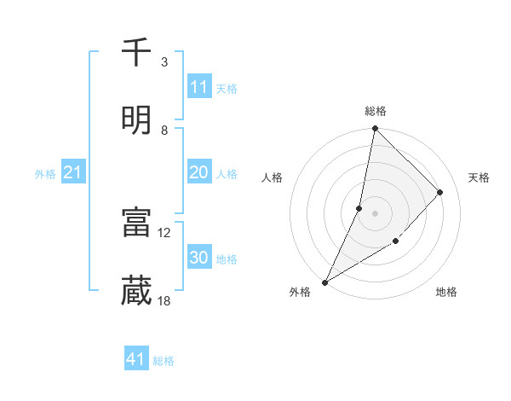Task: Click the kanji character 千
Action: click(136, 53)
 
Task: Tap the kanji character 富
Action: click(136, 224)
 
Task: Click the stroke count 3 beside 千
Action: click(164, 62)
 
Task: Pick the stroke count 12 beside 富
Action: click(164, 232)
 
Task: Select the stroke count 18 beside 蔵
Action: click(164, 300)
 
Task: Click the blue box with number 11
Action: click(199, 87)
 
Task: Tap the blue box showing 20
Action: click(199, 172)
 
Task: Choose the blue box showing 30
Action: click(199, 258)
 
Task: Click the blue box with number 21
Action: click(73, 173)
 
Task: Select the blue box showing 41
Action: click(136, 359)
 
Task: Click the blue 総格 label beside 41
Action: click(164, 361)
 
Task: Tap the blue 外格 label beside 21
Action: click(45, 174)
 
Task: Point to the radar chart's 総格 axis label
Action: click(376, 111)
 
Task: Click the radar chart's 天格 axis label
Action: click(479, 177)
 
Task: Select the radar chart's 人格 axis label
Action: click(273, 177)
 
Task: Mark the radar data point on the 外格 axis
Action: click(324, 282)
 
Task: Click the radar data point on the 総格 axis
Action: click(375, 128)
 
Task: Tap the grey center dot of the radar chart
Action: click(375, 213)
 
